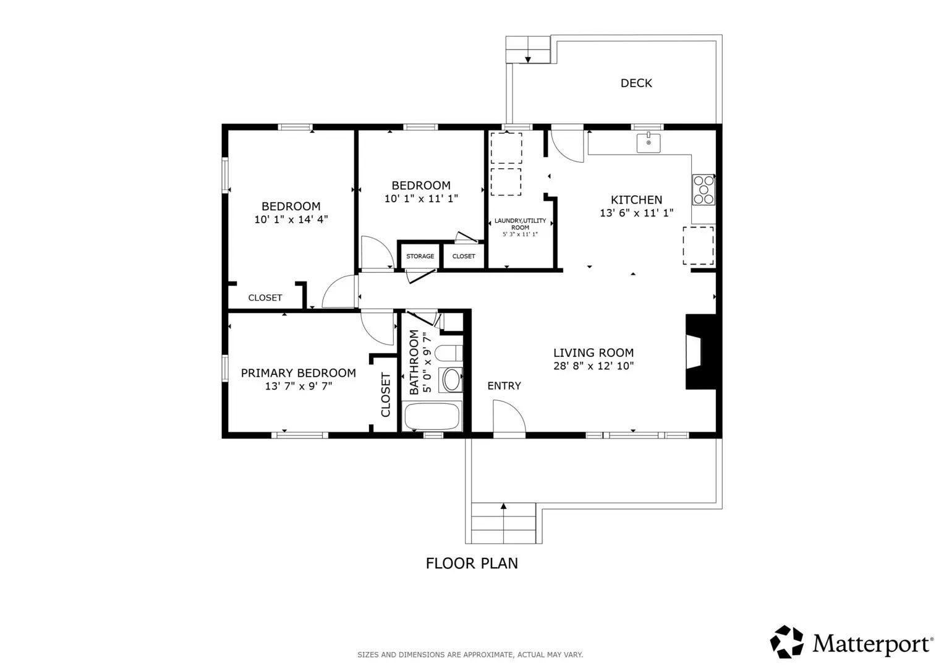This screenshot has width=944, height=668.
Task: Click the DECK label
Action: (636, 83)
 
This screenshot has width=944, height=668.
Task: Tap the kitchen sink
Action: (648, 142)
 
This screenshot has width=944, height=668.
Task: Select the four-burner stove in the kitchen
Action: (704, 190)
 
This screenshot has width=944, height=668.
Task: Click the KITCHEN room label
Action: (636, 200)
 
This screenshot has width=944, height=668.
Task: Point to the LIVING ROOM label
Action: (593, 353)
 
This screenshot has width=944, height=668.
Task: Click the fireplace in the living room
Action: (701, 352)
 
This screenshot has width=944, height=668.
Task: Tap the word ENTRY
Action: (504, 385)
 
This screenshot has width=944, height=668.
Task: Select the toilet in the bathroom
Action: (448, 353)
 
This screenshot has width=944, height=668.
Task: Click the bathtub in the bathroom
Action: (432, 416)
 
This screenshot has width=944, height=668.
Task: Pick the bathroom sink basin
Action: (451, 380)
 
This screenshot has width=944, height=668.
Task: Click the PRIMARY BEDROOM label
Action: (299, 373)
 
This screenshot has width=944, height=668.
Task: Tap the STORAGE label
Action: (420, 256)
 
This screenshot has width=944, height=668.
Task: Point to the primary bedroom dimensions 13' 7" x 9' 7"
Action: (299, 386)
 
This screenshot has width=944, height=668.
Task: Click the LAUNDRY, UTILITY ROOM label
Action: (520, 224)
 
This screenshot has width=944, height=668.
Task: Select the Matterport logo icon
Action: (786, 641)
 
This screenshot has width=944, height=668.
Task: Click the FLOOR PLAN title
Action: (472, 563)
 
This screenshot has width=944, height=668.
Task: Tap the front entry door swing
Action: (509, 416)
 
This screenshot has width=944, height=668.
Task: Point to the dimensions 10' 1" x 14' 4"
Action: (291, 220)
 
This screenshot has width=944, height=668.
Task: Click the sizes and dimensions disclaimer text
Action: (470, 654)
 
